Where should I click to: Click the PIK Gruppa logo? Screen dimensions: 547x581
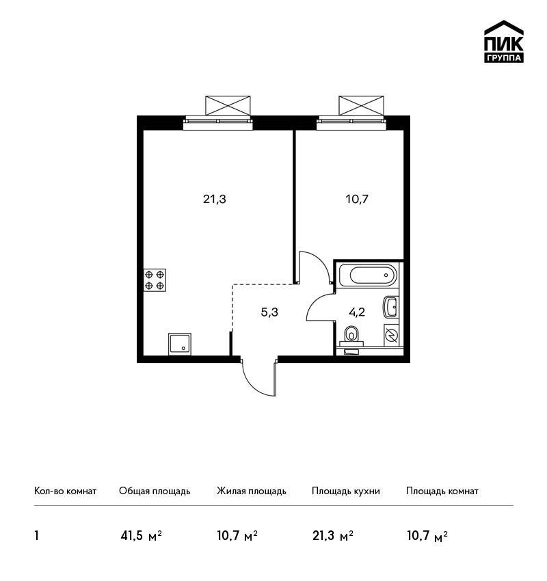504,42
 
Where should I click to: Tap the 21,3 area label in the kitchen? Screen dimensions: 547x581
215,200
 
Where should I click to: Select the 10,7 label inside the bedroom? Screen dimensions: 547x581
357,200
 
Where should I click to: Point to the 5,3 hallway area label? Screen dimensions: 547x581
269,312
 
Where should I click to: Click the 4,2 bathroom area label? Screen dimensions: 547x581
357,312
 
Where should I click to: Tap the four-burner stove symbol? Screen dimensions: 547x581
155,280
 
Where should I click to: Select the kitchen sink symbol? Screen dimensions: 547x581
180,344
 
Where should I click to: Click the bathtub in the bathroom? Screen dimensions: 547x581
368,275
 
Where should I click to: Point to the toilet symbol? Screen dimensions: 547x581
351,334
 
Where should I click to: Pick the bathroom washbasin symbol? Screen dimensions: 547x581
390,307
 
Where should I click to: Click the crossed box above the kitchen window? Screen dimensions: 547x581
228,105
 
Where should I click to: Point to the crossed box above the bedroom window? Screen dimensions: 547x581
361,105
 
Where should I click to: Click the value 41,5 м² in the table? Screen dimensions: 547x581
142,536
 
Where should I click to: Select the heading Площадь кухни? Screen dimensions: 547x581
346,491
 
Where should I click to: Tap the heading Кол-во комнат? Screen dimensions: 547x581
65,491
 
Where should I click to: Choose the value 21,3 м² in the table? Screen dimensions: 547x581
333,536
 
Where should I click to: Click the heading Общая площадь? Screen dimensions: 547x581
155,491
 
